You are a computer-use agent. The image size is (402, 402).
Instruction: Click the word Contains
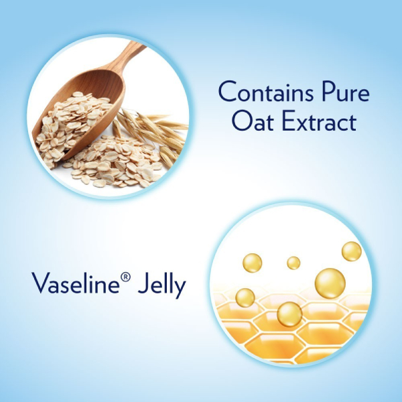tap(266, 92)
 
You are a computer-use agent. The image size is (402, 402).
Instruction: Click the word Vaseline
tap(76, 283)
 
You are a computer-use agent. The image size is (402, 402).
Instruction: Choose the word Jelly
tap(161, 285)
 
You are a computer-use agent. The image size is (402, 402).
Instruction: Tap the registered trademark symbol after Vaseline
tap(125, 277)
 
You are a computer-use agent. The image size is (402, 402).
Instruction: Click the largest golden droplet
tap(330, 283)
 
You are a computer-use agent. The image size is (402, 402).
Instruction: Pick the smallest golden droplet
tap(293, 263)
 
